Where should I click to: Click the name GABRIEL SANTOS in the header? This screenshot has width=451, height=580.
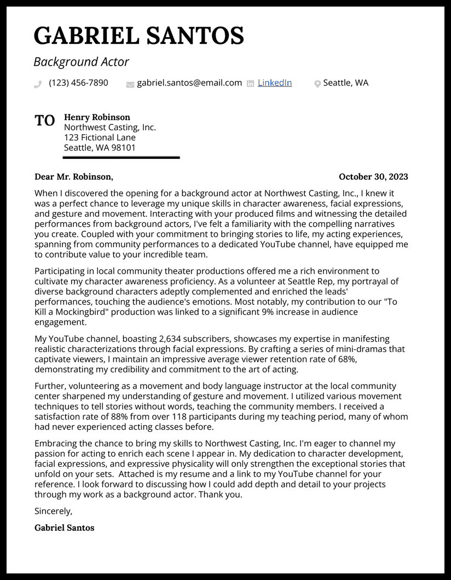[138, 36]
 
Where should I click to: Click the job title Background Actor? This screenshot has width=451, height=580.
[81, 62]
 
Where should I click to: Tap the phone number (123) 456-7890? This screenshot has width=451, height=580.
[78, 83]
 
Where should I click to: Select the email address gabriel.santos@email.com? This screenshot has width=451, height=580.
[189, 83]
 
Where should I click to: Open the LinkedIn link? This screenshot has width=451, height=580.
[274, 83]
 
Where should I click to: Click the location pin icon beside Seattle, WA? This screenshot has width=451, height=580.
[317, 84]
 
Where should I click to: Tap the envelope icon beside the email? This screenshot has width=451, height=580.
[130, 84]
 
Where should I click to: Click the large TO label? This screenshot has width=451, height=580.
[45, 121]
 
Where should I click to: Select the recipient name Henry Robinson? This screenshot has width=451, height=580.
[97, 117]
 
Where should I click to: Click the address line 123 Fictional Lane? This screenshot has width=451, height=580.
[100, 137]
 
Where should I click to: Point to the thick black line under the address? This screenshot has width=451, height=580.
[121, 158]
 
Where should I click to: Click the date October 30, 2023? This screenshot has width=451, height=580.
[373, 176]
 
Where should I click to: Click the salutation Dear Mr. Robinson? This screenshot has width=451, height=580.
[74, 176]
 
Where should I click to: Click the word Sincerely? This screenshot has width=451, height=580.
[53, 511]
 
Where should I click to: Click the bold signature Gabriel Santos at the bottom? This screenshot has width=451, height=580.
[64, 528]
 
